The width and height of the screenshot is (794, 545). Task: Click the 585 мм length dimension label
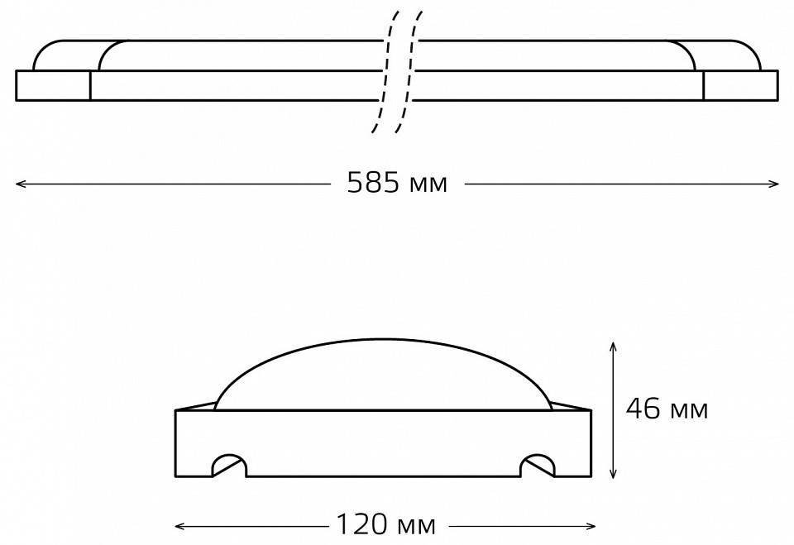(x=397, y=184)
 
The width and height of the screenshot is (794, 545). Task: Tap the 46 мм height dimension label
(x=667, y=409)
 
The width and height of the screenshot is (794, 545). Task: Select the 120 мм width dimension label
(x=385, y=524)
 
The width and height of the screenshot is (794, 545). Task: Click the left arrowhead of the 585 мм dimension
(x=18, y=184)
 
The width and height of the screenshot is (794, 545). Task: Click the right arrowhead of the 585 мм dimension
(x=776, y=184)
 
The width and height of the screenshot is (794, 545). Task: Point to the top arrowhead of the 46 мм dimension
(x=612, y=343)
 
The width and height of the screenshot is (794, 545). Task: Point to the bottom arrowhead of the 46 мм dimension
(x=612, y=476)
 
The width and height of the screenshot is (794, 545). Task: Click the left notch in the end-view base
(x=229, y=466)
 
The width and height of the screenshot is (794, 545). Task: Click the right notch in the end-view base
(x=538, y=466)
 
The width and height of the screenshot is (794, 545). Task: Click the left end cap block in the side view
(x=53, y=85)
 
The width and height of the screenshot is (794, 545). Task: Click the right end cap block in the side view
(x=740, y=85)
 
